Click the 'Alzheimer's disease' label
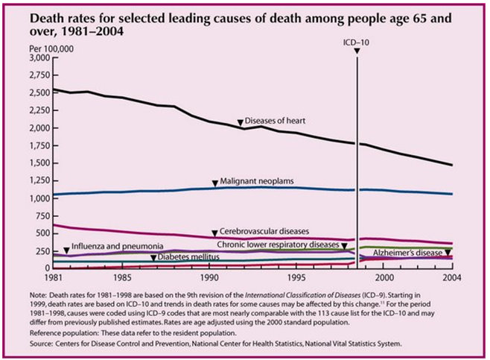(407, 253)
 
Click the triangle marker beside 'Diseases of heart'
(240, 122)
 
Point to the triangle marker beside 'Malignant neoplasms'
(214, 182)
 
